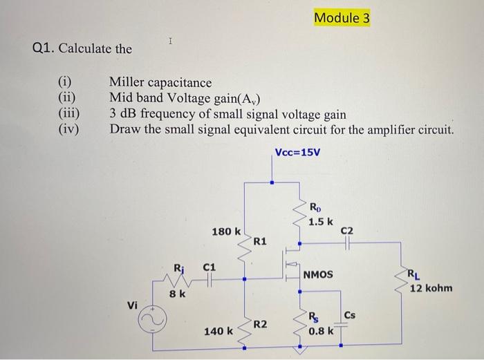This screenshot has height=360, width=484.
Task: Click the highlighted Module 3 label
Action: [342, 17]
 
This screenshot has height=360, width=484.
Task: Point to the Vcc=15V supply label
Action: [297, 151]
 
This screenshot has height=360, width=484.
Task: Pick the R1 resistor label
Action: [260, 241]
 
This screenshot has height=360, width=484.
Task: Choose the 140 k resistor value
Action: [218, 332]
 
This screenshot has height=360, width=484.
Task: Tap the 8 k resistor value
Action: [178, 294]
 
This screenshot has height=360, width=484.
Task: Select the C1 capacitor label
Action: [210, 265]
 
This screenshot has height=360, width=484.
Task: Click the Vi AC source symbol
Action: [154, 321]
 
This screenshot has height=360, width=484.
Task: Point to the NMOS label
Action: [318, 274]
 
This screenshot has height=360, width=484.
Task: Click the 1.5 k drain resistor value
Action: [321, 221]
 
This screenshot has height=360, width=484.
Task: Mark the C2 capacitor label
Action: [348, 230]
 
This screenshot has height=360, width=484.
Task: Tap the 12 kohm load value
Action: [431, 287]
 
